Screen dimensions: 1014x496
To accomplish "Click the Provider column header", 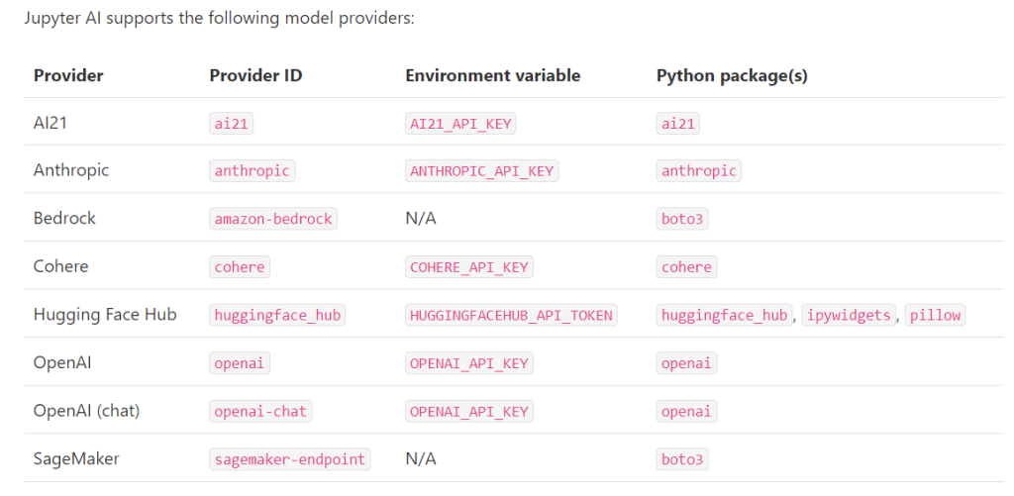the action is pyautogui.click(x=68, y=75).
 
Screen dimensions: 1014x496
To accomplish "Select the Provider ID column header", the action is pyautogui.click(x=255, y=75).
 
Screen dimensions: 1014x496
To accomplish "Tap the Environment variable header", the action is pyautogui.click(x=493, y=75).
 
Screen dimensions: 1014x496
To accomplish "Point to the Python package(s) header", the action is pyautogui.click(x=732, y=76).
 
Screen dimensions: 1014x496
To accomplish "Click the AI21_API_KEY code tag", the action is pyautogui.click(x=460, y=124).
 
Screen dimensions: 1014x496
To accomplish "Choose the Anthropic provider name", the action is pyautogui.click(x=71, y=170).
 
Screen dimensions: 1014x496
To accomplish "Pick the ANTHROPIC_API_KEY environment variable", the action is pyautogui.click(x=482, y=171).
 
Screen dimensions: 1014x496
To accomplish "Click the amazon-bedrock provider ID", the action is pyautogui.click(x=273, y=219).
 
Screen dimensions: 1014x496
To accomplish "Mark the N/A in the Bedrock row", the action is pyautogui.click(x=421, y=219).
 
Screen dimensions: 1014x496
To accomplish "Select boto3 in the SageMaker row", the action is pyautogui.click(x=682, y=459).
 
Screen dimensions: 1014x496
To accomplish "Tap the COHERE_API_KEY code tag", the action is pyautogui.click(x=468, y=267).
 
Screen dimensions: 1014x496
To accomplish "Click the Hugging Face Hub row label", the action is pyautogui.click(x=105, y=315).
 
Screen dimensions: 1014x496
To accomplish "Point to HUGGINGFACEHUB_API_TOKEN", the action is pyautogui.click(x=512, y=316).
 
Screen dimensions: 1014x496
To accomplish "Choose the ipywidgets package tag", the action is pyautogui.click(x=850, y=316).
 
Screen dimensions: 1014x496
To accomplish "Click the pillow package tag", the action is pyautogui.click(x=935, y=316).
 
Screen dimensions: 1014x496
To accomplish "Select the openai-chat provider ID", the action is pyautogui.click(x=260, y=411).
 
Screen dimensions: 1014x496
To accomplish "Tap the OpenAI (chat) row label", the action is pyautogui.click(x=87, y=411).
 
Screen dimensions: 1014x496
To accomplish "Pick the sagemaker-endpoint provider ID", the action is pyautogui.click(x=290, y=459).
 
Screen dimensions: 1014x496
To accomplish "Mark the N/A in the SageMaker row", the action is pyautogui.click(x=421, y=459).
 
